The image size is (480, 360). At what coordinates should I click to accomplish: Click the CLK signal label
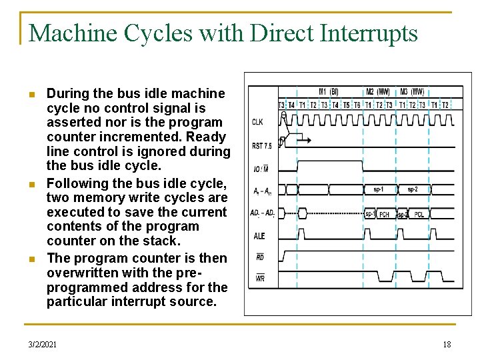[257, 122]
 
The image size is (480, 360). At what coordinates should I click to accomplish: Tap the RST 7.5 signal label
[261, 145]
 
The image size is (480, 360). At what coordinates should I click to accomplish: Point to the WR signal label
[259, 277]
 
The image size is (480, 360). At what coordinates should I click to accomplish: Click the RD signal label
[259, 257]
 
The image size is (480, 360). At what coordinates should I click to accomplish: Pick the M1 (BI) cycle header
[328, 92]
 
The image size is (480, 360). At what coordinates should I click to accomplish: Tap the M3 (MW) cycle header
[413, 92]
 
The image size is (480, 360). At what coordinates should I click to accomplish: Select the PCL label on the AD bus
[419, 215]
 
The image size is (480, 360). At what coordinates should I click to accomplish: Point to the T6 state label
[357, 105]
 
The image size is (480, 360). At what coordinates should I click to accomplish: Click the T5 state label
[346, 105]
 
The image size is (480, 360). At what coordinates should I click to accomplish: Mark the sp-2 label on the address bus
[413, 189]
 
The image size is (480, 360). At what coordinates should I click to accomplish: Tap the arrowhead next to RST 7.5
[309, 139]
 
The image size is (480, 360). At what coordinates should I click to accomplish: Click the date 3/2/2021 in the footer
[43, 344]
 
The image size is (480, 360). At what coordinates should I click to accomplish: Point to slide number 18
[447, 344]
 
